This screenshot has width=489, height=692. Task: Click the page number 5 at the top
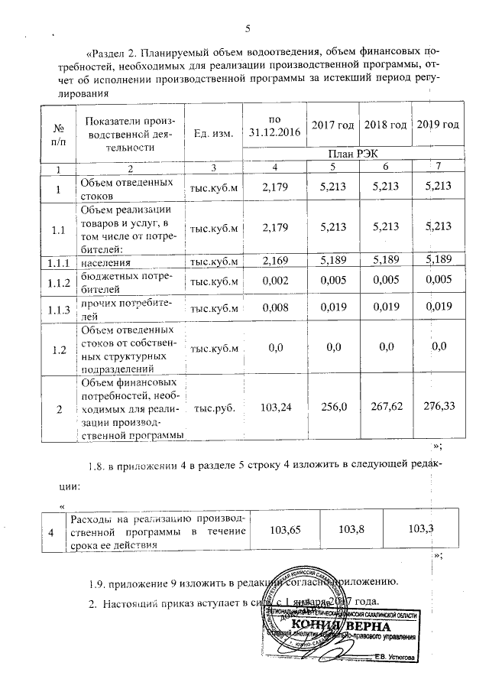pyautogui.click(x=247, y=29)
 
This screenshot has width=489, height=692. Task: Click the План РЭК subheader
pyautogui.click(x=353, y=154)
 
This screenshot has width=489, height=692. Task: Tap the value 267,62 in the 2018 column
pyautogui.click(x=384, y=408)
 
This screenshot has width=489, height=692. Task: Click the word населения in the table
pyautogui.click(x=106, y=262)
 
